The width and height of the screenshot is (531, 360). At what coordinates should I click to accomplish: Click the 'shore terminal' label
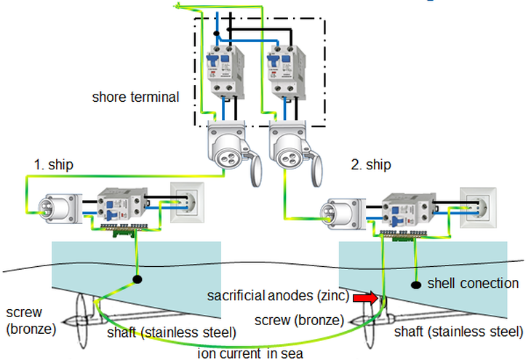point(135,96)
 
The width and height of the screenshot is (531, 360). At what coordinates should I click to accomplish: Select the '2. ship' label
point(371,164)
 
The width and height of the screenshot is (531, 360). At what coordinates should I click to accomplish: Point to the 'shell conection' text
point(473,283)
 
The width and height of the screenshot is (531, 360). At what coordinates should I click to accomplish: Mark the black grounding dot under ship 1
point(136,279)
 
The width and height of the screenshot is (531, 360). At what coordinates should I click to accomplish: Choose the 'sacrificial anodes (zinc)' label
point(278,296)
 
